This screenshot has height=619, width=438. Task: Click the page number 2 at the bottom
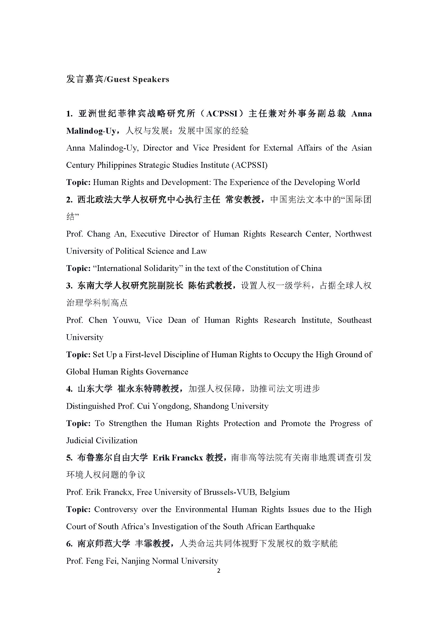(219, 571)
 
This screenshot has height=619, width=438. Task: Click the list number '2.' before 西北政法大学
(70, 200)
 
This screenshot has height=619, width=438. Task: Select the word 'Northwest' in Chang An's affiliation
(353, 234)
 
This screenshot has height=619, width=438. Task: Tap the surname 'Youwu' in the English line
(126, 320)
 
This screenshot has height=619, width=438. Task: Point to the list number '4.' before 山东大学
(70, 389)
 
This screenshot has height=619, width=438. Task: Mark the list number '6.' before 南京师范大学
(70, 544)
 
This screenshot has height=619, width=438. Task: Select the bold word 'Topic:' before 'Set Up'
(78, 355)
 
